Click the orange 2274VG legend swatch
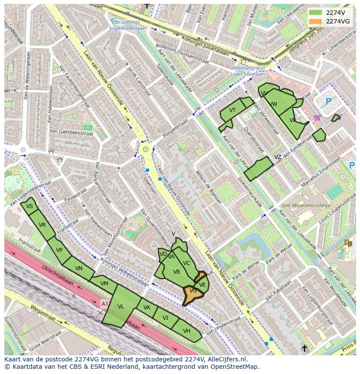[316, 21]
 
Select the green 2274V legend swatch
[316, 13]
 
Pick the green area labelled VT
[232, 111]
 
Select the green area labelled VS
[30, 206]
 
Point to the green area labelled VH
[187, 331]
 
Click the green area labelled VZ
[260, 168]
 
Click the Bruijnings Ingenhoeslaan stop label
[128, 25]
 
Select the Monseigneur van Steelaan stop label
[249, 71]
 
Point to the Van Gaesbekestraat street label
[71, 132]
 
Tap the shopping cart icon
[317, 117]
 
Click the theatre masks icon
[348, 243]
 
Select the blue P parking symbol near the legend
[328, 102]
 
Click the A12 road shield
[105, 303]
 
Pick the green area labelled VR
[42, 225]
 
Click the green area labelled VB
[177, 272]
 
